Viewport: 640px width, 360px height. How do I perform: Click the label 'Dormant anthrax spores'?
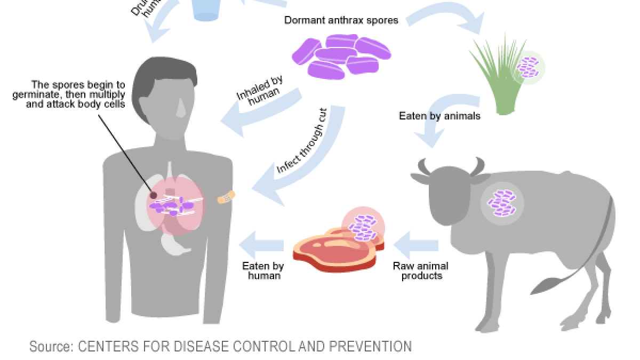point(341,21)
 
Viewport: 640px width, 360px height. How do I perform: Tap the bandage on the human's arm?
point(227,197)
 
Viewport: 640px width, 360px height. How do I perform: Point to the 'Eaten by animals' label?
point(439,116)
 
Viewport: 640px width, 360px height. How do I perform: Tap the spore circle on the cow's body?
point(502,203)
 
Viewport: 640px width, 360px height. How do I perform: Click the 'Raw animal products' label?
point(421,270)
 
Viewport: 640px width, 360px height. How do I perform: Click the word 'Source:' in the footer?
point(51,347)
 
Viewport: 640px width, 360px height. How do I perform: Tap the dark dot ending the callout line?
point(154,195)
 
